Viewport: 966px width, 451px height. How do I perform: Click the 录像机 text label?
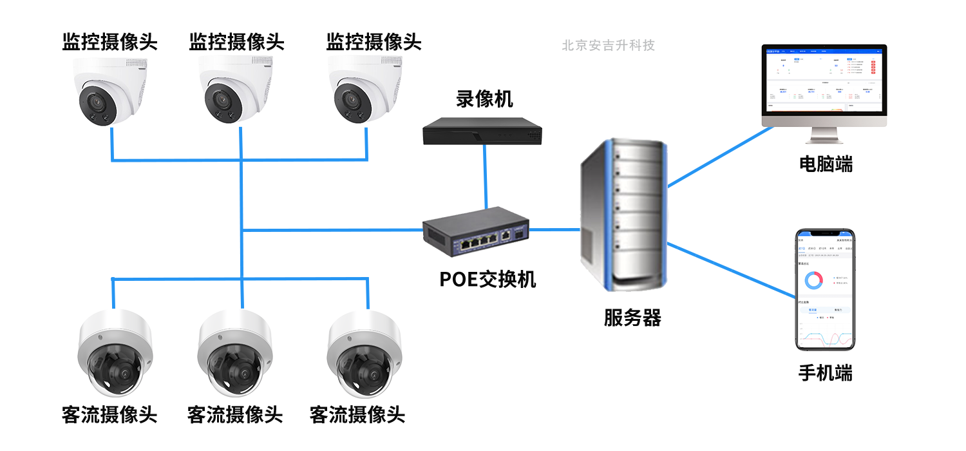484,99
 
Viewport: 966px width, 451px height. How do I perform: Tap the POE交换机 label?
488,279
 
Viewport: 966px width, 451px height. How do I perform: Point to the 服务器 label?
632,318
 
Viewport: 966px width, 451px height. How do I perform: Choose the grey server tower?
623,216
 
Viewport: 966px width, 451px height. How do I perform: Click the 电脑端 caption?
825,164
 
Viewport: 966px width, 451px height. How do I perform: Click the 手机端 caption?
825,373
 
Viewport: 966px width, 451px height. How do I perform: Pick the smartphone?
825,289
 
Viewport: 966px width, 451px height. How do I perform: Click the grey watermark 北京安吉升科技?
608,46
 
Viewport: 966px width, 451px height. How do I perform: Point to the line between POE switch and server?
554,229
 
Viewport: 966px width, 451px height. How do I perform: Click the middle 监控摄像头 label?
236,43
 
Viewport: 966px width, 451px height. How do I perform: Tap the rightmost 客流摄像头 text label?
357,414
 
